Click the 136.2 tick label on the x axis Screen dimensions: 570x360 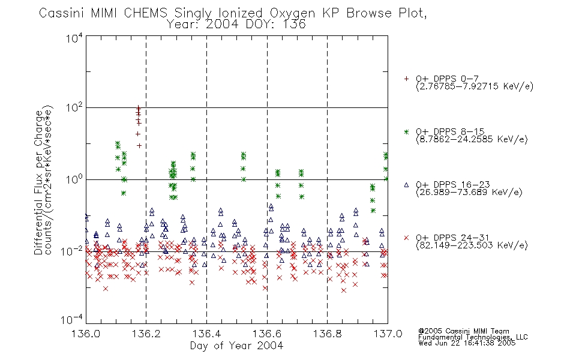146,334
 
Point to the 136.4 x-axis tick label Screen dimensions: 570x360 206,334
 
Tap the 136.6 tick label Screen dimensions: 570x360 267,334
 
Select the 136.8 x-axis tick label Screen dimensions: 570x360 328,334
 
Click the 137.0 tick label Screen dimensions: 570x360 388,334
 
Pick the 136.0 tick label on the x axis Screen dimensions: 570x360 86,334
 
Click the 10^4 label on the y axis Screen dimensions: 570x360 74,38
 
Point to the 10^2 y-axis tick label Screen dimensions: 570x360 74,108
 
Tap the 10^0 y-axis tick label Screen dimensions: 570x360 74,179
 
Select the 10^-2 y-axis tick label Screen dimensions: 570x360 72,251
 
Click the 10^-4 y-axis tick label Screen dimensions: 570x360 72,320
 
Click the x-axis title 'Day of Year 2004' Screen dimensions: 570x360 236,346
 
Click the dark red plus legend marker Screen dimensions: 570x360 406,79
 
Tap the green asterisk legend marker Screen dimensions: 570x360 406,131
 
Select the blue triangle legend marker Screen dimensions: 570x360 406,185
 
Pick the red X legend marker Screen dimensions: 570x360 406,238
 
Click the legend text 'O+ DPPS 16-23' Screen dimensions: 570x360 453,184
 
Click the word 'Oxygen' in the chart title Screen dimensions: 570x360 292,13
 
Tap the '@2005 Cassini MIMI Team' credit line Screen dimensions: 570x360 463,331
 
